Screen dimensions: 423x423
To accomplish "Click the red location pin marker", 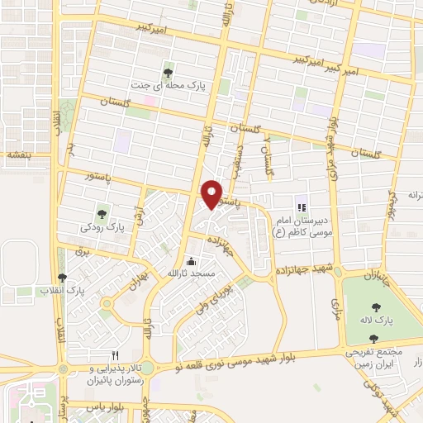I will tap(212, 193).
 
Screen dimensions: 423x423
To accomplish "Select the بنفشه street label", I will tap(17, 154).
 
